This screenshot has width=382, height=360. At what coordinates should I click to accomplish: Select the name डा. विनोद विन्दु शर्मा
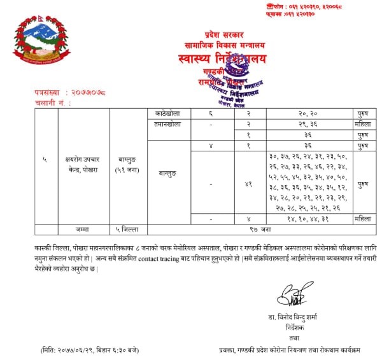294,317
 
